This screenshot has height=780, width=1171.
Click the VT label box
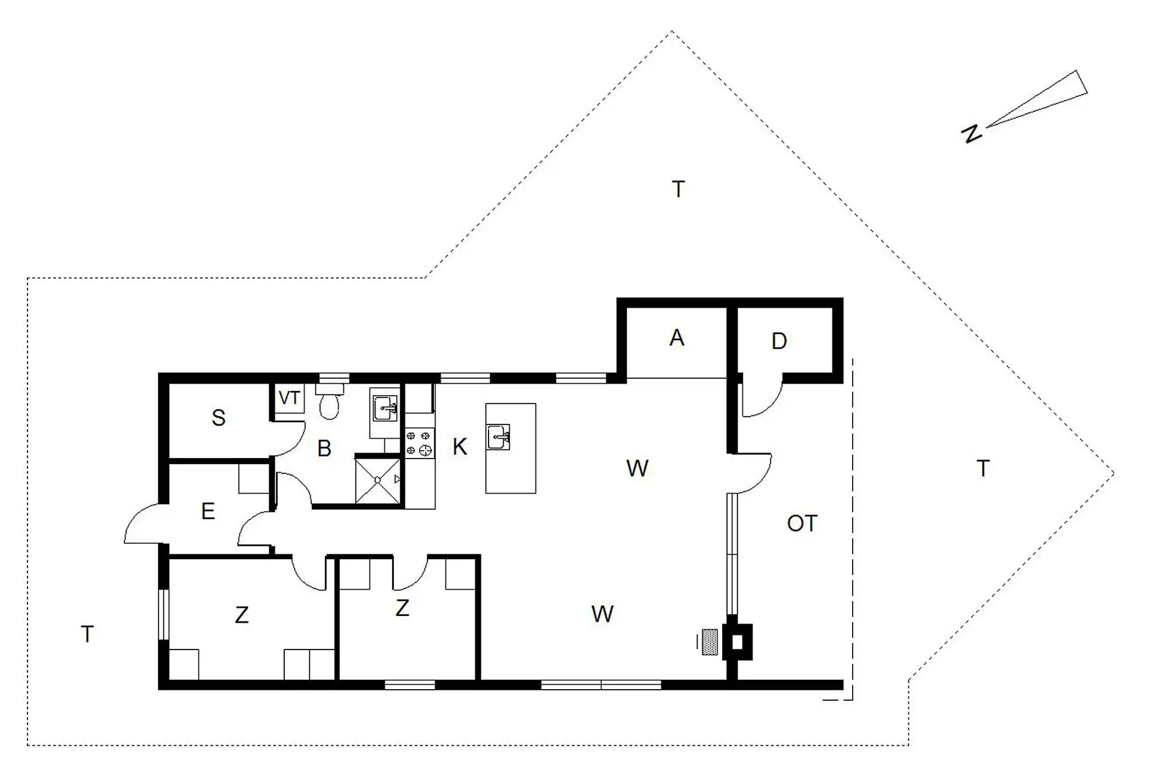tap(288, 398)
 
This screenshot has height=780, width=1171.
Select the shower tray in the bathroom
tap(378, 481)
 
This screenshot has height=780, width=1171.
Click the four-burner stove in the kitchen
tap(420, 443)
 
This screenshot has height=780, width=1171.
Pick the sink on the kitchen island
tap(499, 437)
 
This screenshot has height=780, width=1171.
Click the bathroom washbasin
tap(384, 408)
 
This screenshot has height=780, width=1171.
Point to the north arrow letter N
tap(972, 133)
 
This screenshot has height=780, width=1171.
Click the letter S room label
tap(218, 418)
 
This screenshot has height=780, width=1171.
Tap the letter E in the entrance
tap(208, 511)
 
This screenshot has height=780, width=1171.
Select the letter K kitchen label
tap(460, 447)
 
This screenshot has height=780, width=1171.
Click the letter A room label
tap(676, 338)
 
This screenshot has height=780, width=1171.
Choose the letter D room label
tap(779, 341)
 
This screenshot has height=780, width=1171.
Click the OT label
tap(801, 523)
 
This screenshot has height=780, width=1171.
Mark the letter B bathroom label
tap(324, 449)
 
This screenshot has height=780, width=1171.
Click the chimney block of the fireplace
tap(737, 642)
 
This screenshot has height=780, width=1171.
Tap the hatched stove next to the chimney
tap(709, 642)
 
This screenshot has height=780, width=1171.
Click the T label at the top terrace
tap(678, 190)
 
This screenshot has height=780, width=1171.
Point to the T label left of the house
tap(87, 634)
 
